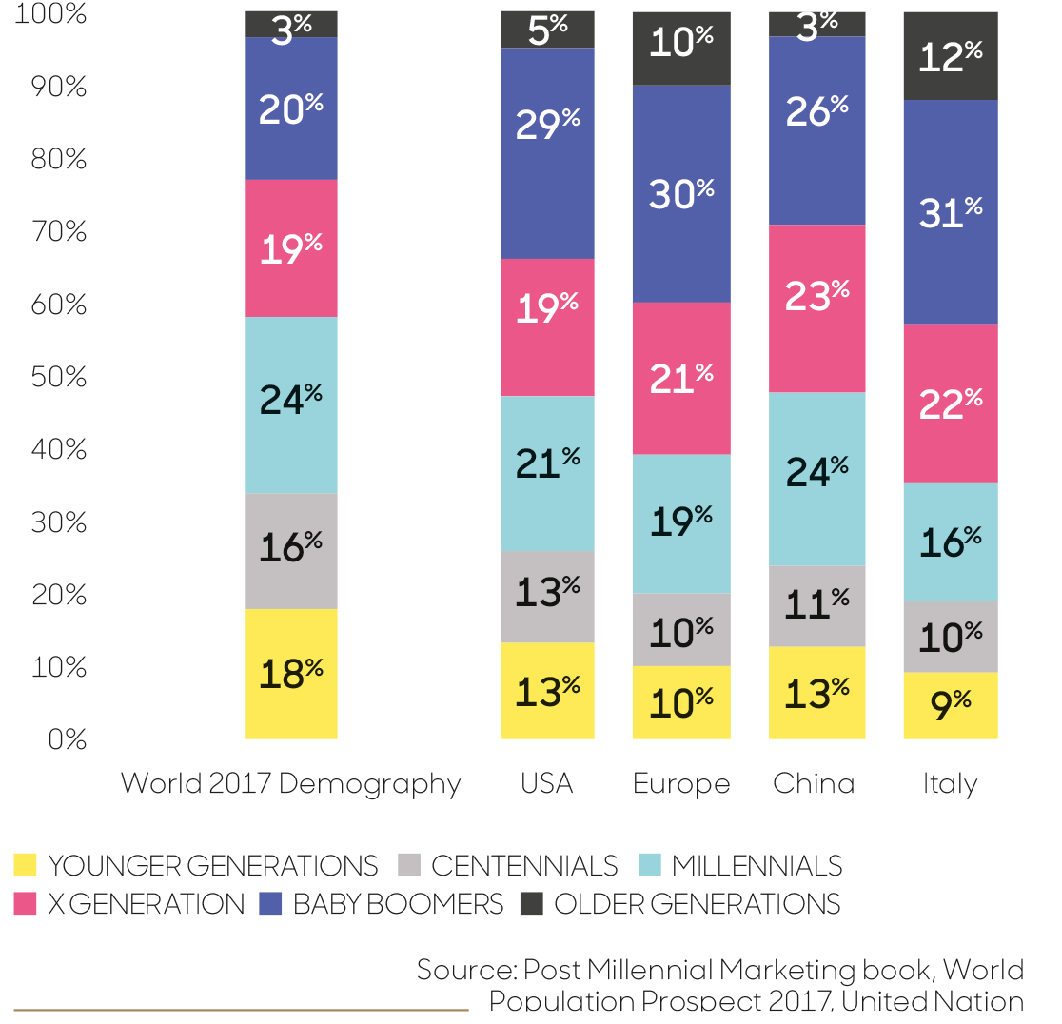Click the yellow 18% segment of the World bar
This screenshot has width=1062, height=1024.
[291, 674]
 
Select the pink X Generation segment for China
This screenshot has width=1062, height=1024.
[817, 308]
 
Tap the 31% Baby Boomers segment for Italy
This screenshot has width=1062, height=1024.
[951, 212]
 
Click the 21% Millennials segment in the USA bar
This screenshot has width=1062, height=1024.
[547, 473]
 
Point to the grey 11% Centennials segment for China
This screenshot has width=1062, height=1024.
[817, 606]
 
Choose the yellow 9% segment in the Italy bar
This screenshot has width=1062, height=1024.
[951, 706]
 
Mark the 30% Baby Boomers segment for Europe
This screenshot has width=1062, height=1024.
[681, 194]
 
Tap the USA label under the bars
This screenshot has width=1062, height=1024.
[547, 783]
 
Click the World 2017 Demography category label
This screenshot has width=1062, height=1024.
[291, 783]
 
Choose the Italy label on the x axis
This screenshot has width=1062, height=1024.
[950, 783]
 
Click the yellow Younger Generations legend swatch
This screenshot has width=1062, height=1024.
[26, 865]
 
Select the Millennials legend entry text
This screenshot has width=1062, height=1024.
[757, 866]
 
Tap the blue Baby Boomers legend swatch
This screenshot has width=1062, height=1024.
[270, 903]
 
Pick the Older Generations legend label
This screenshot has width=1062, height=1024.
[698, 903]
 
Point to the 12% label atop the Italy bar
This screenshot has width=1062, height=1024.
[951, 56]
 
